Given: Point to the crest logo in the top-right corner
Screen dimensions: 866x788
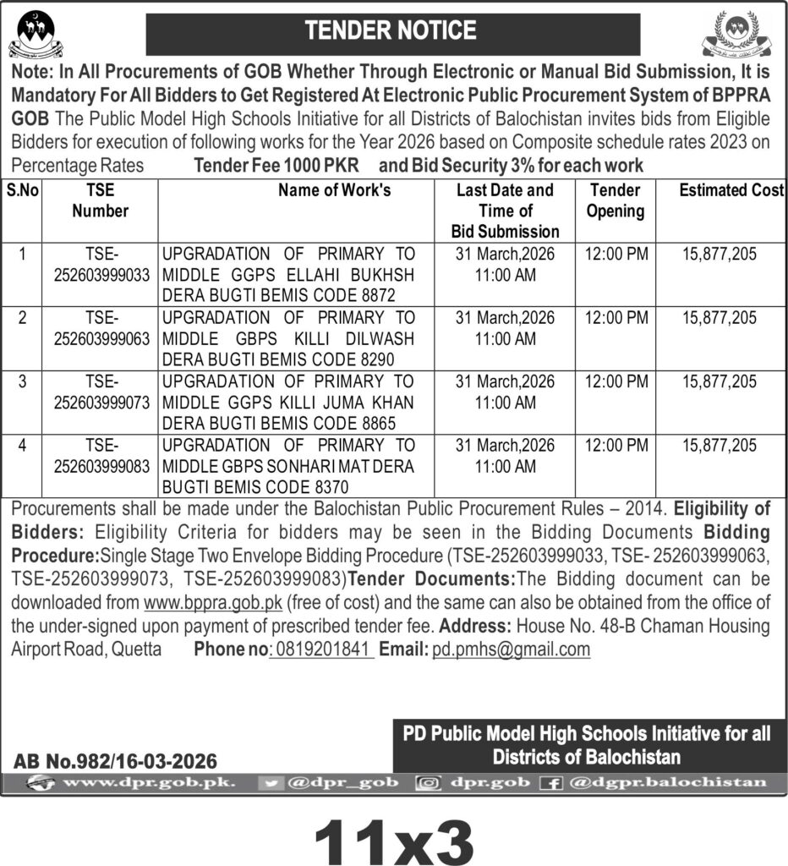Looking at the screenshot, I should (x=738, y=36).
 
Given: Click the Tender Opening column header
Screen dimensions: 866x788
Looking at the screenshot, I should (x=615, y=201).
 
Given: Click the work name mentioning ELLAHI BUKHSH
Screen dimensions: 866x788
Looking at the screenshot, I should (x=288, y=273).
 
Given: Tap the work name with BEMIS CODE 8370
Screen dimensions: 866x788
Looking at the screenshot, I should (x=288, y=464).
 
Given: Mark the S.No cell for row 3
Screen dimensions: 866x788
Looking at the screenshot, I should (x=23, y=382).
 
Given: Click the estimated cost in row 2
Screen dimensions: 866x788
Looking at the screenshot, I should (x=719, y=318).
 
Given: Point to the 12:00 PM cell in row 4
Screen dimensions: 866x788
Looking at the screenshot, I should (x=615, y=445).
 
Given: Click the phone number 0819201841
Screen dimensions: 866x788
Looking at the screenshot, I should (x=322, y=649).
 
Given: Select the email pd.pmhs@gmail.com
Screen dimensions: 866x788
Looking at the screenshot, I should (x=511, y=649).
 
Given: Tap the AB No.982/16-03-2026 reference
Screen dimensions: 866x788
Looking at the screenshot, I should (x=115, y=760).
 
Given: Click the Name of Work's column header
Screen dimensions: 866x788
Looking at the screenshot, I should (x=335, y=191).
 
